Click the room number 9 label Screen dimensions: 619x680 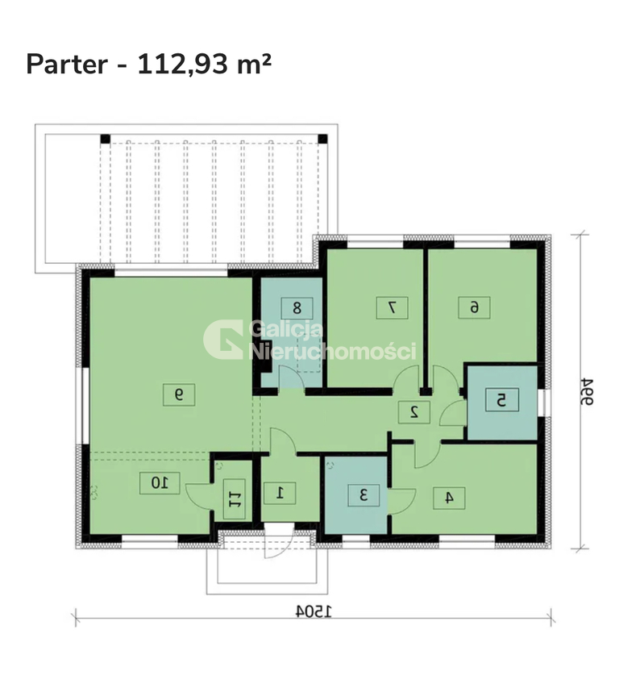179,394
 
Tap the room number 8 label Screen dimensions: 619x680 297,308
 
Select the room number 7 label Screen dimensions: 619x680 393,308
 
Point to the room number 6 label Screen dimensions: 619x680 474,307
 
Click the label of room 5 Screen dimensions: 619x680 501,399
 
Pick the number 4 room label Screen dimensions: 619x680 449,498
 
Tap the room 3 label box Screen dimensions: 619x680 364,494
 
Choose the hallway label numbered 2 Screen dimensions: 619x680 414,412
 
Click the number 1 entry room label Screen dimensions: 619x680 280,493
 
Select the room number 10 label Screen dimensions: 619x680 160,482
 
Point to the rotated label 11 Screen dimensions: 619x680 234,499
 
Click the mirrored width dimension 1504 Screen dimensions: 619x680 314,611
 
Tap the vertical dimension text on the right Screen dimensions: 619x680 587,391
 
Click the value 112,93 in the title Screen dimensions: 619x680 182,65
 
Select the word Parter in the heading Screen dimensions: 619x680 67,65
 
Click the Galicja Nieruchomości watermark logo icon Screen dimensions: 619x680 222,340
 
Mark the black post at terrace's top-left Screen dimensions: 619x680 106,140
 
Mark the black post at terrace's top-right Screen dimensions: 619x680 322,140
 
